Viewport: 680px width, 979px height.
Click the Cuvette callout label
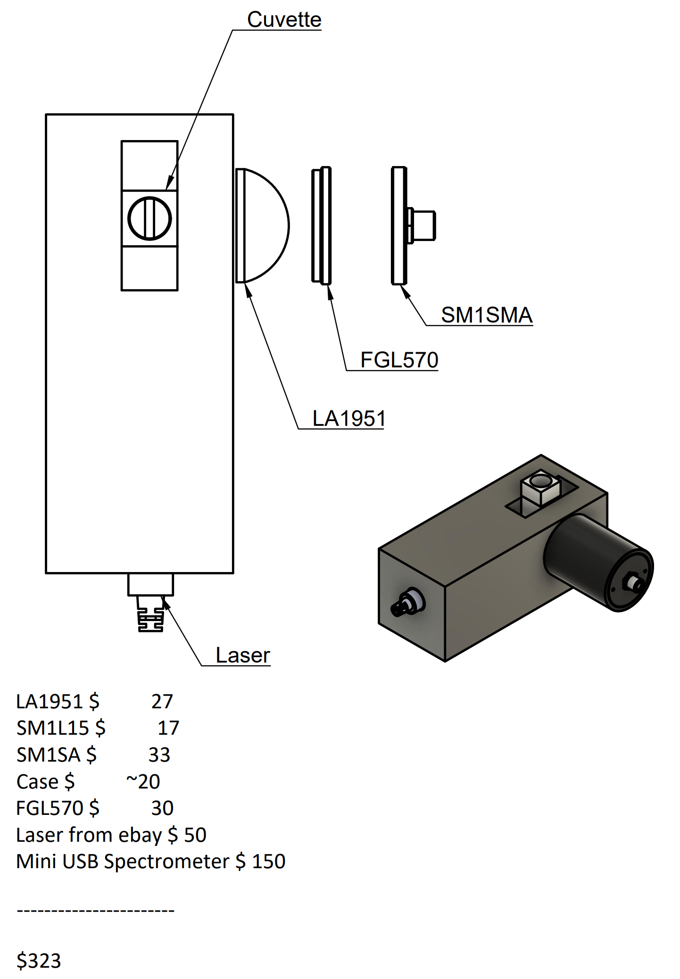click(x=284, y=20)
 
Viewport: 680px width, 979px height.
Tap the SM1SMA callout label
click(x=486, y=315)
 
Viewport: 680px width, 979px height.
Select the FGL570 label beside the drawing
click(x=399, y=360)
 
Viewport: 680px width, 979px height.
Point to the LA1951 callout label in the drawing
click(x=348, y=418)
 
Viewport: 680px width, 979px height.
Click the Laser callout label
click(x=243, y=655)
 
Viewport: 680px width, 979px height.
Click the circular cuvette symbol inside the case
click(x=149, y=218)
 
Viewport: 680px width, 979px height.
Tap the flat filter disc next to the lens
click(x=321, y=225)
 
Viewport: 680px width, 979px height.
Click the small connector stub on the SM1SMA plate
click(x=423, y=226)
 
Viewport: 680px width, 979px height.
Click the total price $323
click(x=39, y=961)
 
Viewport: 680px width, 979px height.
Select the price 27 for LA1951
click(x=162, y=702)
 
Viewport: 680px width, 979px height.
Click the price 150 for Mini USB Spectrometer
click(x=269, y=862)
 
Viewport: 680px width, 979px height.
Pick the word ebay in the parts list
click(x=140, y=835)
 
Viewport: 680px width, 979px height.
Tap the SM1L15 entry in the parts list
click(x=52, y=728)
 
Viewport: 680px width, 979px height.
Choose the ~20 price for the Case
click(x=143, y=782)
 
